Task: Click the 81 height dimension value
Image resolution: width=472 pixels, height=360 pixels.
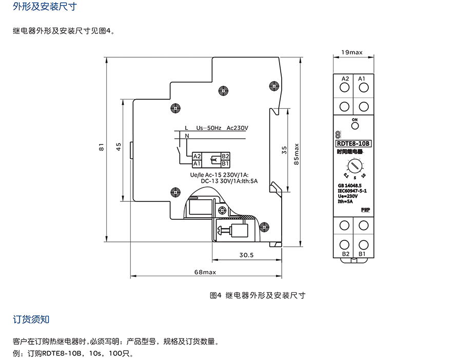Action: (x=102, y=147)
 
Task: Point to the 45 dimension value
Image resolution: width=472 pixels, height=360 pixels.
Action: (x=119, y=147)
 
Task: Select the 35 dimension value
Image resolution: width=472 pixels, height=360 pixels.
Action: (x=285, y=150)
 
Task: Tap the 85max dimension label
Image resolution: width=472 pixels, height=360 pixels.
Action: (x=297, y=153)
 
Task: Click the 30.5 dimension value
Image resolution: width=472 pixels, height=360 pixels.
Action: (x=247, y=255)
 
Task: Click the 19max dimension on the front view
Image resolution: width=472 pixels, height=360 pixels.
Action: (x=352, y=52)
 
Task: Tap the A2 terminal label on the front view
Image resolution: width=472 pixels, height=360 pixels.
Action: (x=345, y=79)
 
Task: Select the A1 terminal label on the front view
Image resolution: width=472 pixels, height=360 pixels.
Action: (x=362, y=79)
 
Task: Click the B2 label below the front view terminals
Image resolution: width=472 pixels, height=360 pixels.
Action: (x=345, y=254)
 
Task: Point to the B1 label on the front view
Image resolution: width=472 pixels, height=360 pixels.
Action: (x=362, y=254)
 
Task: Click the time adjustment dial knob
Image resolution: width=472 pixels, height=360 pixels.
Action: (x=354, y=165)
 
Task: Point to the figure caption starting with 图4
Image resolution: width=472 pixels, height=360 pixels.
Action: (x=258, y=295)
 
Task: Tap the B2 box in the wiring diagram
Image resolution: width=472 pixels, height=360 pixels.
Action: (x=225, y=156)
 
